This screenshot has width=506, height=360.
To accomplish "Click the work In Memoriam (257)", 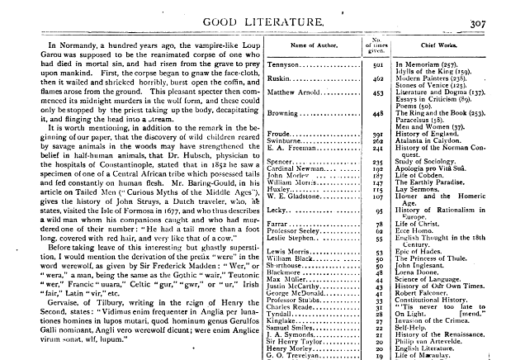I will click(x=428, y=63).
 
